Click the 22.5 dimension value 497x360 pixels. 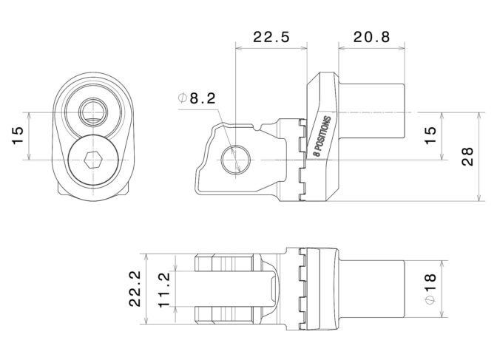(x=271, y=37)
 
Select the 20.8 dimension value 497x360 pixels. (x=371, y=37)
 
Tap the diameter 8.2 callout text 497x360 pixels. (x=197, y=98)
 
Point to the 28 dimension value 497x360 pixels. (x=467, y=157)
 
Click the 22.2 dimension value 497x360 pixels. (x=135, y=289)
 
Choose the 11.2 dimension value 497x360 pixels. (x=164, y=289)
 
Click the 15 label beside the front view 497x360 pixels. (x=18, y=135)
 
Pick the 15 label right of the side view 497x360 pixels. (x=430, y=135)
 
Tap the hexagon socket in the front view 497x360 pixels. (x=93, y=160)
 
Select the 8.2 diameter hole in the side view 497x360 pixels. (x=236, y=160)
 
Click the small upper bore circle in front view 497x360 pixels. (x=93, y=112)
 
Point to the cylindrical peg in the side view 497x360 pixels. (x=371, y=111)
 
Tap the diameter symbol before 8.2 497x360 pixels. (x=183, y=98)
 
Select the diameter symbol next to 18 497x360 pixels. (x=430, y=300)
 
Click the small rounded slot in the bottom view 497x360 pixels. (x=272, y=289)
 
